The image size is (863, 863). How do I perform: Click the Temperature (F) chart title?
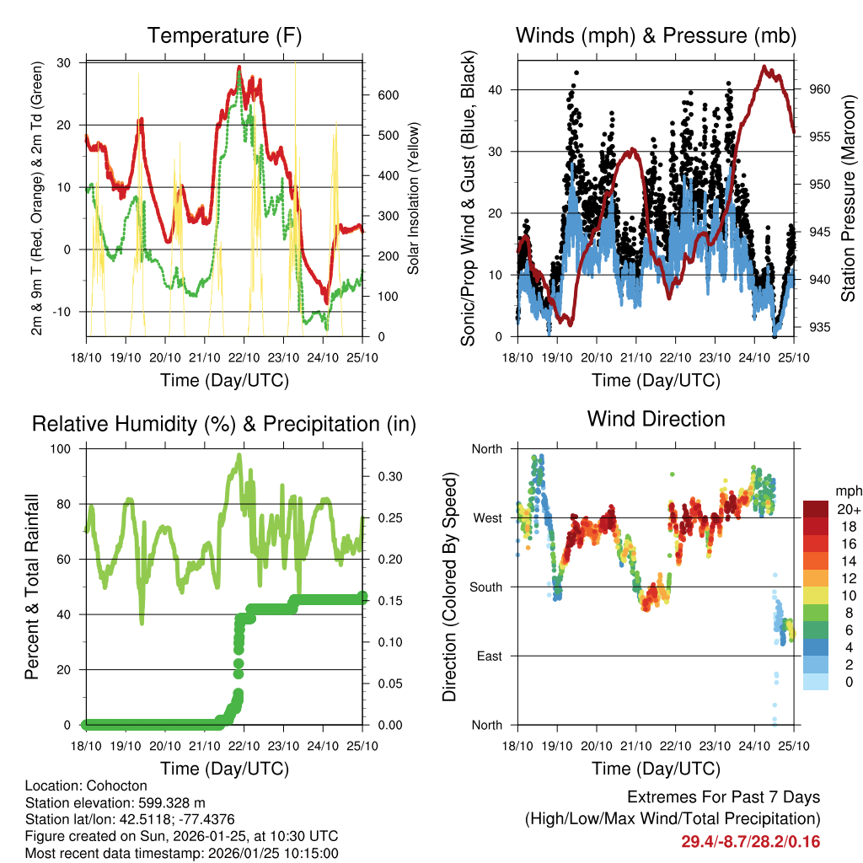click(x=224, y=35)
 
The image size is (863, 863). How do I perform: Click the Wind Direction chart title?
click(x=656, y=419)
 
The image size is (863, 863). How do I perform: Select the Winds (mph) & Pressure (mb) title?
click(x=656, y=35)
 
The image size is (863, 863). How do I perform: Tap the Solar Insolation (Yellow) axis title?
click(x=414, y=199)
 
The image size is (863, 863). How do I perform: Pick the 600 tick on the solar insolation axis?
click(x=388, y=95)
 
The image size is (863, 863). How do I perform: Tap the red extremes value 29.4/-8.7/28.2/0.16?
click(x=750, y=841)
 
